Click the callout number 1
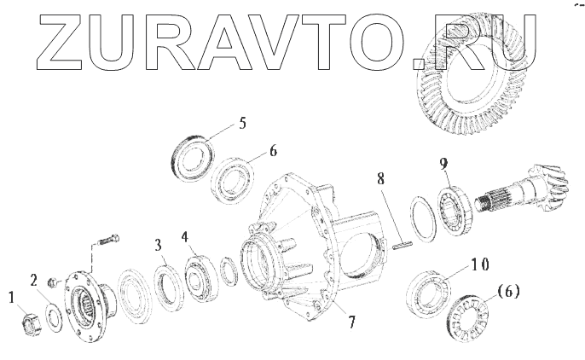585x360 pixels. pos(12,298)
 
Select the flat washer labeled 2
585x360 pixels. pos(55,318)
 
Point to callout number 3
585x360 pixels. pos(159,246)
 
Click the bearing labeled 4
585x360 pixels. pos(201,276)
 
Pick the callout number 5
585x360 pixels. pos(242,123)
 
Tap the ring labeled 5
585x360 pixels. pos(194,159)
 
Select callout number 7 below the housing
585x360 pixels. pos(352,322)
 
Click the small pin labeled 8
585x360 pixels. pos(403,245)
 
